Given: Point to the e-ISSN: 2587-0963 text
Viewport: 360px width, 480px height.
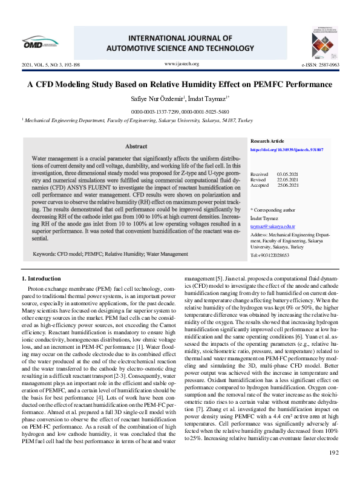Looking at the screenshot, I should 320,64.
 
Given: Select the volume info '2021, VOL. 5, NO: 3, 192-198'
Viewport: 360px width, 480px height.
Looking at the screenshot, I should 51,64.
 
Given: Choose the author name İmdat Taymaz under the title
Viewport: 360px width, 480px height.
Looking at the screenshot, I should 209,99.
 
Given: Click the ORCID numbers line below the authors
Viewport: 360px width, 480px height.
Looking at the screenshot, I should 180,112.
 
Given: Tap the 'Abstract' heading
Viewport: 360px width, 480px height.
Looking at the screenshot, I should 136,146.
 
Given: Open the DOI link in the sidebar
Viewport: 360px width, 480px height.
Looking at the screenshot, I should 286,149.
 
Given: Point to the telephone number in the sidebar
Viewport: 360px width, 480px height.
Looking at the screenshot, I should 270,255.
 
